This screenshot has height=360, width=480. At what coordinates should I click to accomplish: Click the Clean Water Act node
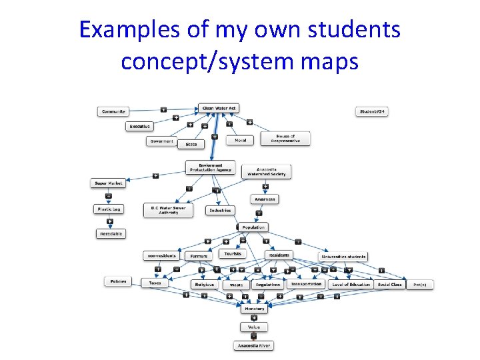click(219, 108)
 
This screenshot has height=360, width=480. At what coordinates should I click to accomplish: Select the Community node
click(113, 111)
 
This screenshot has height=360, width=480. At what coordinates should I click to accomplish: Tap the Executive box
click(140, 126)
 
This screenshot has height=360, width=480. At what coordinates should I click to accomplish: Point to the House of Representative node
click(285, 139)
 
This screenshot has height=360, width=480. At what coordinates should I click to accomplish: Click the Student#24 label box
click(372, 111)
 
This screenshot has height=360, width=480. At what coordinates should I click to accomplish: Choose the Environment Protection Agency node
click(211, 167)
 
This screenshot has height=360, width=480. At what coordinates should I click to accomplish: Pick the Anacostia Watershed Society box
click(267, 172)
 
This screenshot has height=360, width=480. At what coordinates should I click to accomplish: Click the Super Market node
click(109, 183)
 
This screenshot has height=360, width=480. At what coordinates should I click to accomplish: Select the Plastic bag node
click(108, 209)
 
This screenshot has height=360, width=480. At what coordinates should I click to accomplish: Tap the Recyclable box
click(111, 234)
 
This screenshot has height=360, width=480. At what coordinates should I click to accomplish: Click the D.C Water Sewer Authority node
click(168, 210)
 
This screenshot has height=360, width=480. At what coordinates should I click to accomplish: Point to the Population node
click(253, 227)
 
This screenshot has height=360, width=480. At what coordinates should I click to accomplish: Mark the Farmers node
click(199, 255)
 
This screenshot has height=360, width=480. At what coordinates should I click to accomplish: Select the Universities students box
click(344, 256)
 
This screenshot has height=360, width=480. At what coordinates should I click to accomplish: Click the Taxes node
click(155, 283)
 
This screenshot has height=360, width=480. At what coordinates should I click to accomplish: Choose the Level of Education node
click(351, 284)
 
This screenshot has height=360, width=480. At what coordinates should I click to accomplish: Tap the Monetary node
click(254, 309)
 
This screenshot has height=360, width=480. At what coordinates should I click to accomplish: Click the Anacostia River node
click(254, 345)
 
